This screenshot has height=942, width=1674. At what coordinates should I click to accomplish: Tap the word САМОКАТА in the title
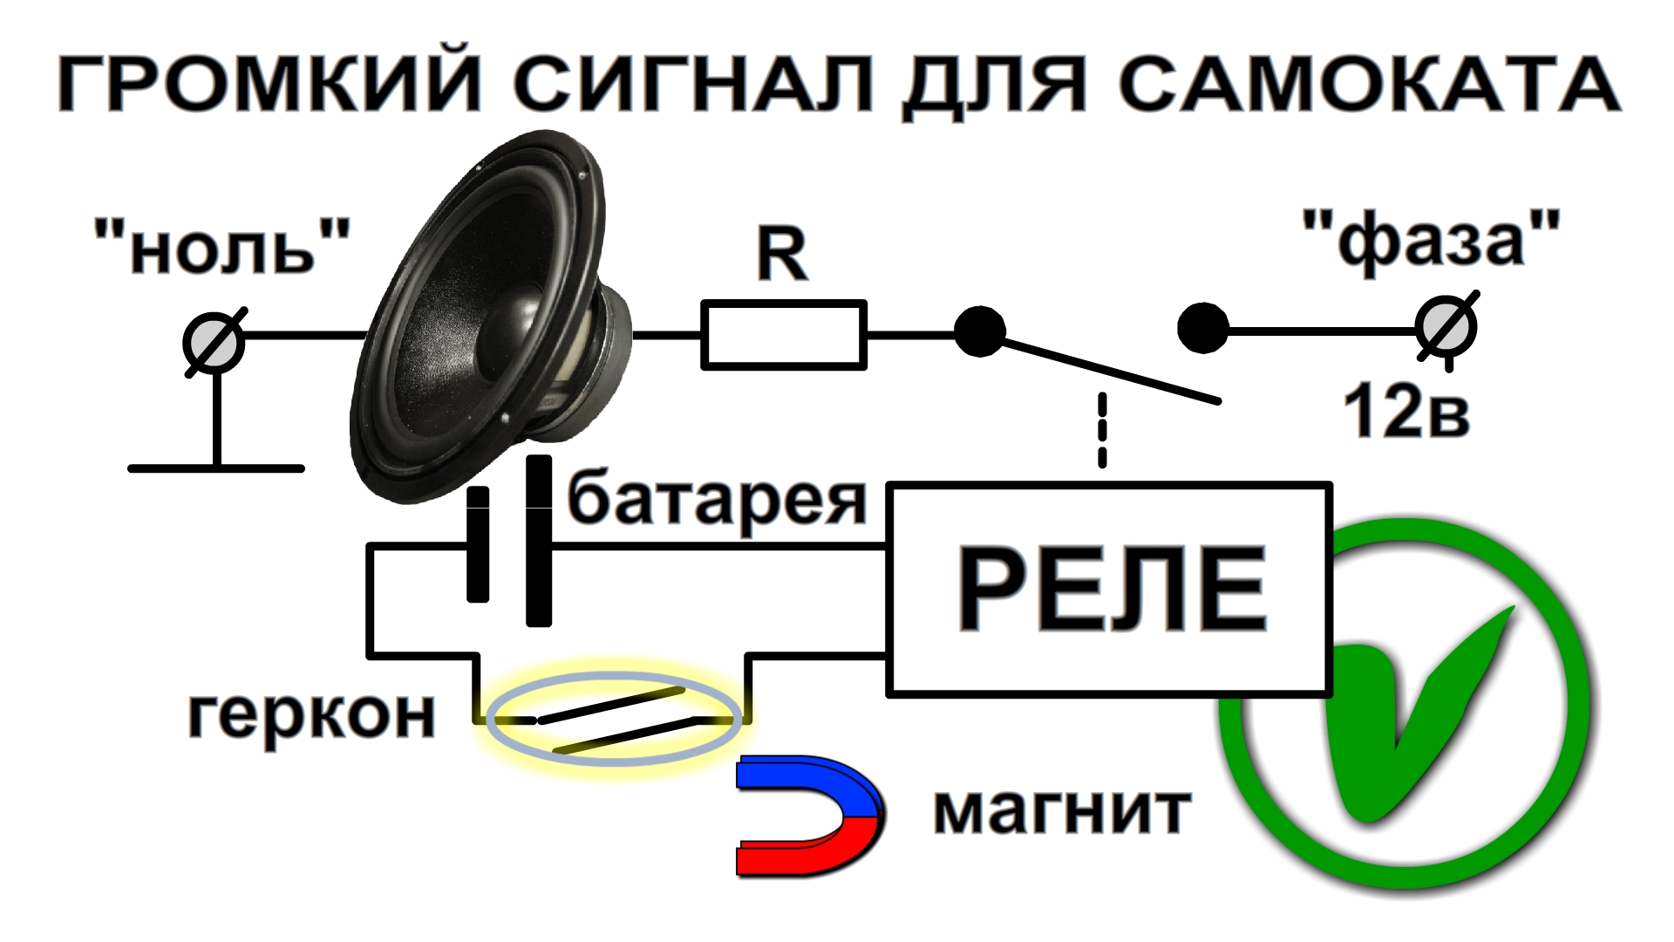1369,84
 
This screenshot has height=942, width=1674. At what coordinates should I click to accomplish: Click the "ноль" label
222,247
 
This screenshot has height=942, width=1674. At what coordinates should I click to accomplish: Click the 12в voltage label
1405,412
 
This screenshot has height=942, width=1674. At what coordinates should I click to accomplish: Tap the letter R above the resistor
782,255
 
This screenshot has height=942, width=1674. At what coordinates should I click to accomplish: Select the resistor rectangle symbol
783,335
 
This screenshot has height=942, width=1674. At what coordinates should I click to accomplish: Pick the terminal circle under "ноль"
214,343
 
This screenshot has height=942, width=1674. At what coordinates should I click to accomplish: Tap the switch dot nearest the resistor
980,331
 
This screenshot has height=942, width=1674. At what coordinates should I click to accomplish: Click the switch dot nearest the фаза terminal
1203,328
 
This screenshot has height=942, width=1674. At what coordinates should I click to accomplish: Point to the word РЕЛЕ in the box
1112,589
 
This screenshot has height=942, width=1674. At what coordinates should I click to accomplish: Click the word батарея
717,501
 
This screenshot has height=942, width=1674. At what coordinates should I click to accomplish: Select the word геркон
311,715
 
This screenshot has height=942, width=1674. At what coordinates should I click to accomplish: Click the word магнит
1062,811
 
